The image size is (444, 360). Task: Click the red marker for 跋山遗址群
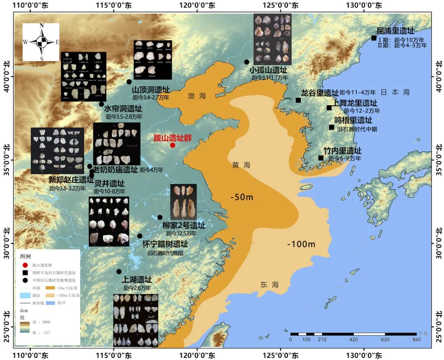[x=173, y=145]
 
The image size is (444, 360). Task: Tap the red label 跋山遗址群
[x=173, y=138]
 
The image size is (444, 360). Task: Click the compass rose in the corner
[x=41, y=42]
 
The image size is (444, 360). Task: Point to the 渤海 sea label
[x=197, y=96]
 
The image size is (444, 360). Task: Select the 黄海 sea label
[x=241, y=165]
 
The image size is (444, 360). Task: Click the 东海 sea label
[x=270, y=284]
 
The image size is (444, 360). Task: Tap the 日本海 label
[x=395, y=92]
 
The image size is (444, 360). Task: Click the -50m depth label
[x=242, y=197]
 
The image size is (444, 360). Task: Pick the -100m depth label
[x=301, y=245]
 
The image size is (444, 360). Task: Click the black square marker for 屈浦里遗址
[x=374, y=38]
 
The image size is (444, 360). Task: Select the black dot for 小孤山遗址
[x=247, y=62]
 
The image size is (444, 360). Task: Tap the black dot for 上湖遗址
[x=119, y=271]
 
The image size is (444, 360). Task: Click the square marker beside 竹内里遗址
[x=321, y=158]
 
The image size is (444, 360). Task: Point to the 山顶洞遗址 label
[x=150, y=90]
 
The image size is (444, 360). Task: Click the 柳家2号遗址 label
[x=184, y=226]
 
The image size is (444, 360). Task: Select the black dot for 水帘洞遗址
[x=102, y=104]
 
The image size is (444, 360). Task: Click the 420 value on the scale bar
[x=354, y=339]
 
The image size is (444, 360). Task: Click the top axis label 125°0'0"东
[x=281, y=6]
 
